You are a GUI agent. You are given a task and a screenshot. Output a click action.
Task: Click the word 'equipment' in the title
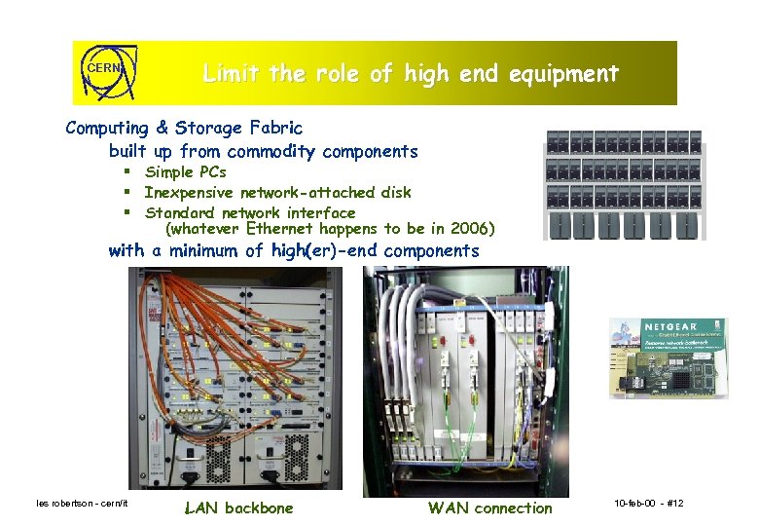(567, 73)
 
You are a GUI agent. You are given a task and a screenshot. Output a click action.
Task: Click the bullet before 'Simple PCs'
(127, 172)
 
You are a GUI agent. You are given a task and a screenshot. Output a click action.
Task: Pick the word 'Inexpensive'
(192, 192)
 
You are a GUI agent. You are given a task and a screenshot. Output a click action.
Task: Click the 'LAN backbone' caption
(237, 507)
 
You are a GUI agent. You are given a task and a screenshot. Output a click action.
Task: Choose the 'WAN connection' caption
(489, 507)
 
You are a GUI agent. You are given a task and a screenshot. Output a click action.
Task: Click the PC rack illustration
(626, 184)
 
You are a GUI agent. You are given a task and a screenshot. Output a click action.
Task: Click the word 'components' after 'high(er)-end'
(432, 250)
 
